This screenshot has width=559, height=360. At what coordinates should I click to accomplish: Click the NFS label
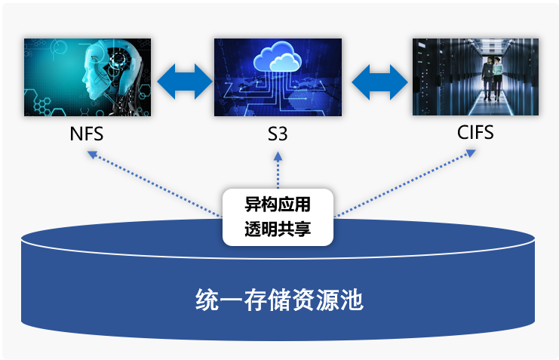[86, 136]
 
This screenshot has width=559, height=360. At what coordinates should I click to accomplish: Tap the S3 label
[278, 136]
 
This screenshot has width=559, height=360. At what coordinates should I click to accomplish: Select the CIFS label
[475, 134]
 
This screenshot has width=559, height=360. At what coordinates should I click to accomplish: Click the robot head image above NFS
[88, 77]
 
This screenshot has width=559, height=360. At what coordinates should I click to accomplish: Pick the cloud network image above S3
[278, 77]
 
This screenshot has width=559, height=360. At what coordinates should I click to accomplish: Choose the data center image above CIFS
[475, 77]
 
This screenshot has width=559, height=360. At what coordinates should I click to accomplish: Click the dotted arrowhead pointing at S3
[278, 155]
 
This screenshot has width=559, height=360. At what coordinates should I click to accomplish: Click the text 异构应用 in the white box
[278, 205]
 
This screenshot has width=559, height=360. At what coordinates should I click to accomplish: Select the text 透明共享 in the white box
[278, 229]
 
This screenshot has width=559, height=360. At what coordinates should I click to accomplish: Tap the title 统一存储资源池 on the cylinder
[279, 300]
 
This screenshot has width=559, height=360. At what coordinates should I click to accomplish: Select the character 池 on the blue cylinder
[352, 300]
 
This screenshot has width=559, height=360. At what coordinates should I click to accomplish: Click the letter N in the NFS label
[75, 136]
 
